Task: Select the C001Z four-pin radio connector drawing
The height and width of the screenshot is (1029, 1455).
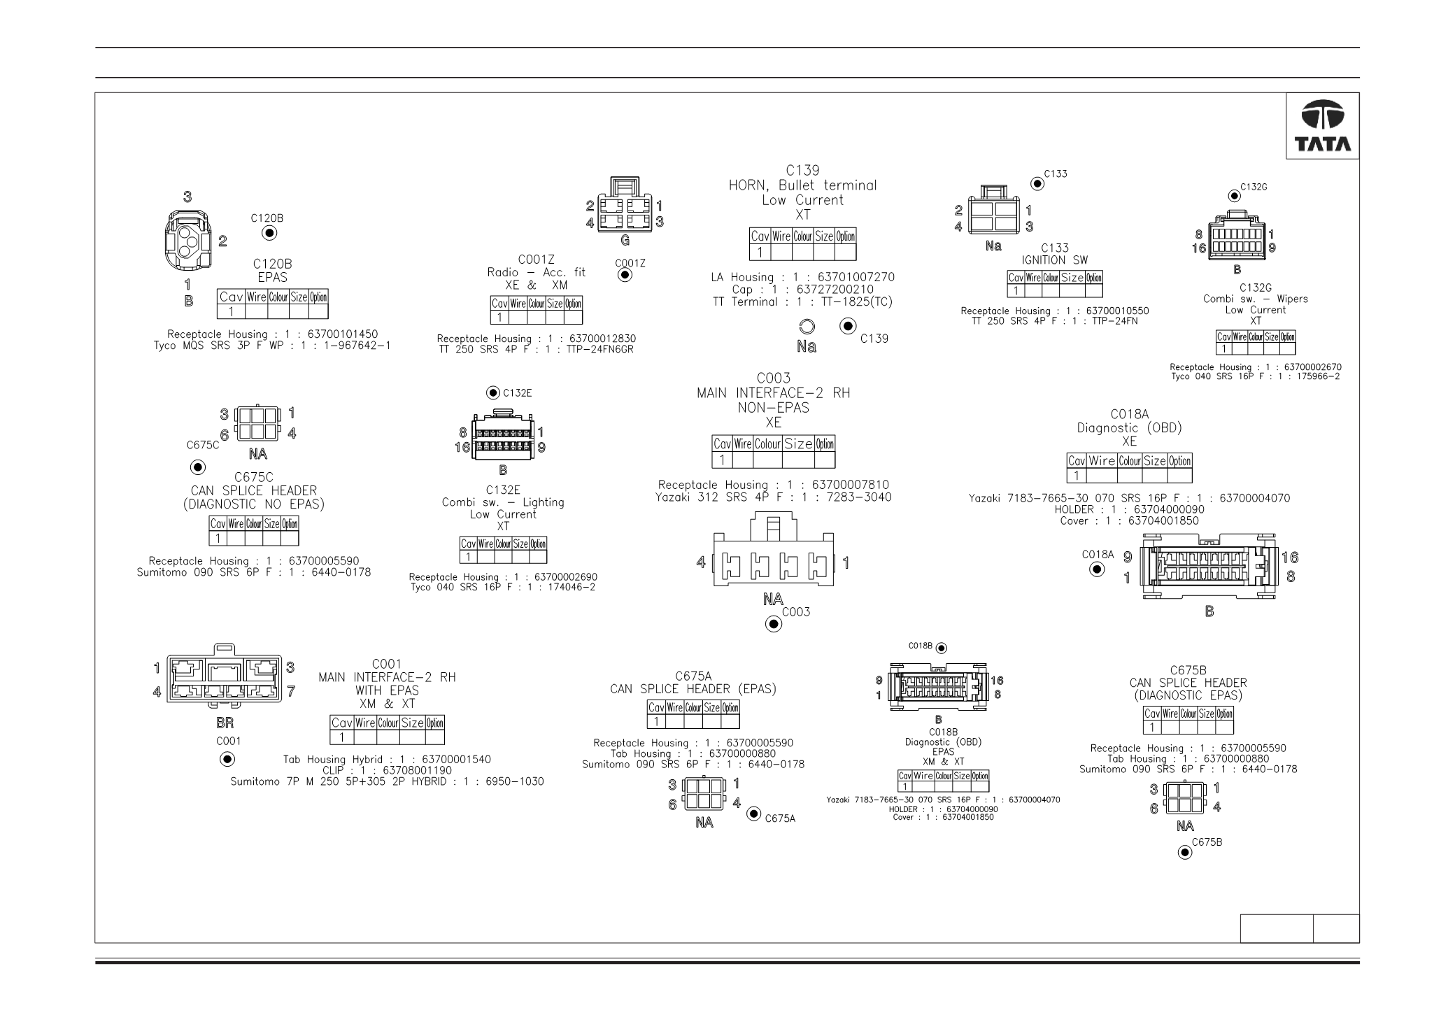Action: coord(625,204)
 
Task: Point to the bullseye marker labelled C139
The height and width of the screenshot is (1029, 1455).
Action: coord(849,327)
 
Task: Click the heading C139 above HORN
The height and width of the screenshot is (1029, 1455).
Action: coord(802,171)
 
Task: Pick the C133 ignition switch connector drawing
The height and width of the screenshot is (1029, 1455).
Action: coord(993,211)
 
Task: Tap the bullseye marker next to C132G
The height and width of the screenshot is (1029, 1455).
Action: coord(1235,196)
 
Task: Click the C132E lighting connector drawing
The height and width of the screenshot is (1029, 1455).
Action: coord(502,434)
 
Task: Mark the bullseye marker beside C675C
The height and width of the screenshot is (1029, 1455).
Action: coord(198,467)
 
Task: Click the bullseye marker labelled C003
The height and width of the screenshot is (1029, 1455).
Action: coord(774,624)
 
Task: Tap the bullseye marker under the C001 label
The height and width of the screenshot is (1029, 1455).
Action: coord(227,760)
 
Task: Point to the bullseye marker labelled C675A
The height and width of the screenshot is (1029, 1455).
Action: coord(754,814)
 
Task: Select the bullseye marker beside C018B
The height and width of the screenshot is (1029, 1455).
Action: coord(942,648)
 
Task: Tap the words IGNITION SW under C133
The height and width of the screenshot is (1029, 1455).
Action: coord(1055,260)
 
